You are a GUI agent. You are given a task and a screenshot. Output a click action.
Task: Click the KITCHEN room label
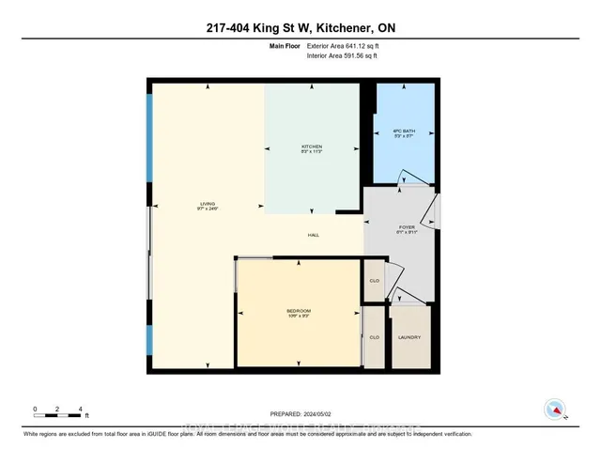[x=312, y=147]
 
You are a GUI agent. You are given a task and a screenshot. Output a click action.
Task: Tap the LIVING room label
[x=208, y=203]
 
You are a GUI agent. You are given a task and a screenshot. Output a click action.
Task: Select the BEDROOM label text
[x=299, y=311]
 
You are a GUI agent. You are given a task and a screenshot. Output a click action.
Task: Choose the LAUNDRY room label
[x=409, y=337]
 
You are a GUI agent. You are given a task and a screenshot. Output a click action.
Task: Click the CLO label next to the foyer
[x=374, y=280]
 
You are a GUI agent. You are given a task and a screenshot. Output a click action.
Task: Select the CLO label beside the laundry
[x=374, y=337]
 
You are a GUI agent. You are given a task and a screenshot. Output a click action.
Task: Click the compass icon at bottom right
[x=555, y=410]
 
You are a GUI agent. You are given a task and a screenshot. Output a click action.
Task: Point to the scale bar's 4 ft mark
[x=82, y=410]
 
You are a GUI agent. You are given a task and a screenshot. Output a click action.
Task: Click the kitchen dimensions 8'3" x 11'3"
[x=312, y=154]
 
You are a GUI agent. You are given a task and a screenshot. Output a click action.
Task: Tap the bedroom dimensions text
[x=299, y=317]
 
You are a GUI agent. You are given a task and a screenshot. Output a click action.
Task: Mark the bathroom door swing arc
[x=407, y=178]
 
